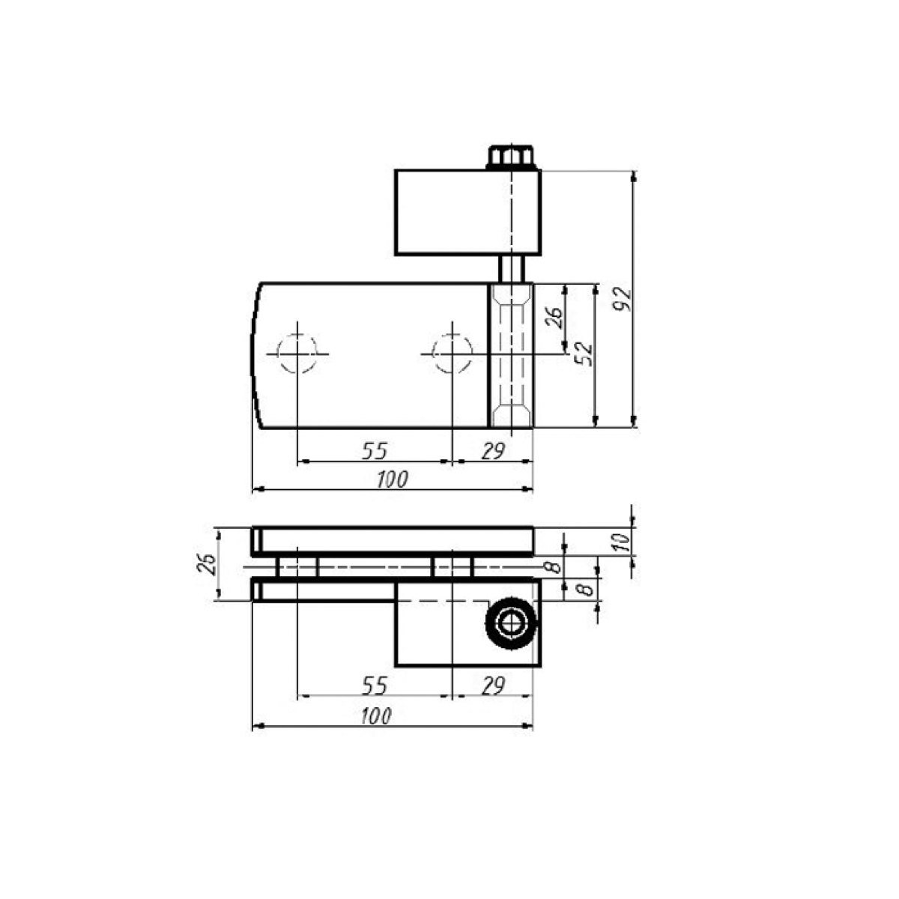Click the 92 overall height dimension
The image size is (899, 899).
click(x=623, y=300)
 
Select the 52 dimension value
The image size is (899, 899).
click(x=584, y=354)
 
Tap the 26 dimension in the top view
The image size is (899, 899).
click(x=554, y=318)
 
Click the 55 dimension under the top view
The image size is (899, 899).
click(x=375, y=451)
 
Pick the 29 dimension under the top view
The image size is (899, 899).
click(x=493, y=451)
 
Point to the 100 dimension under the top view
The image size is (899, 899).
click(x=393, y=479)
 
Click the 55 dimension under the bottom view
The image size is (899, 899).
click(x=375, y=685)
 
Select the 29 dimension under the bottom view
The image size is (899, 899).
click(x=493, y=685)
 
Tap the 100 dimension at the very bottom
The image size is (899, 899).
click(x=376, y=716)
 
